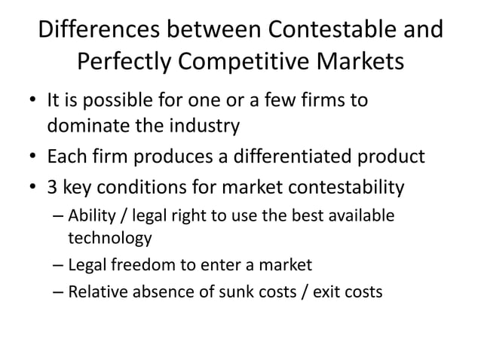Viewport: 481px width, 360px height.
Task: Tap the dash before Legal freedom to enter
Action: [x=59, y=265]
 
